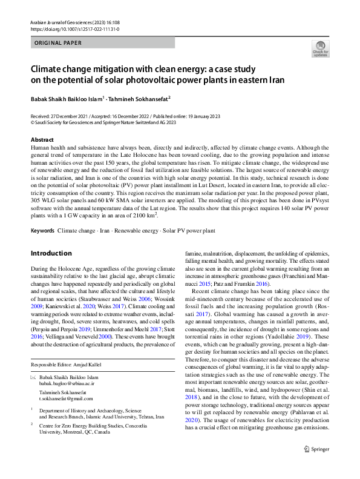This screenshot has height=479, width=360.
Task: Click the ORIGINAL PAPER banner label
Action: click(x=59, y=44)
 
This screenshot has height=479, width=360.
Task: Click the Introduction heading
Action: click(x=51, y=253)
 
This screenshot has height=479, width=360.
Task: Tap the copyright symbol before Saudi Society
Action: click(x=33, y=121)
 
